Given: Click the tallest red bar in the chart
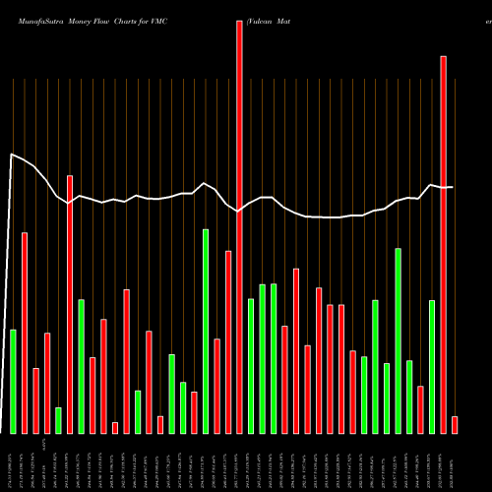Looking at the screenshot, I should (x=239, y=226).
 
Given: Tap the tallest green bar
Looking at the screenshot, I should (x=206, y=331).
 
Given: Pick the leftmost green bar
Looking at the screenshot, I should (x=13, y=381).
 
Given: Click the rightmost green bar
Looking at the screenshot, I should (x=432, y=366).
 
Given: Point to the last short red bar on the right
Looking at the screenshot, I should (x=455, y=424).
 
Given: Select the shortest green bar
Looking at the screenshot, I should (x=58, y=420).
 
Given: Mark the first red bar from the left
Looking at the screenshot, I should (x=25, y=333).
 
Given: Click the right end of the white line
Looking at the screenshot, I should (x=453, y=187).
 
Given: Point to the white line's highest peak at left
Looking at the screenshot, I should (x=12, y=154).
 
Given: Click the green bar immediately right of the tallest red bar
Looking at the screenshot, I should (x=251, y=365).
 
